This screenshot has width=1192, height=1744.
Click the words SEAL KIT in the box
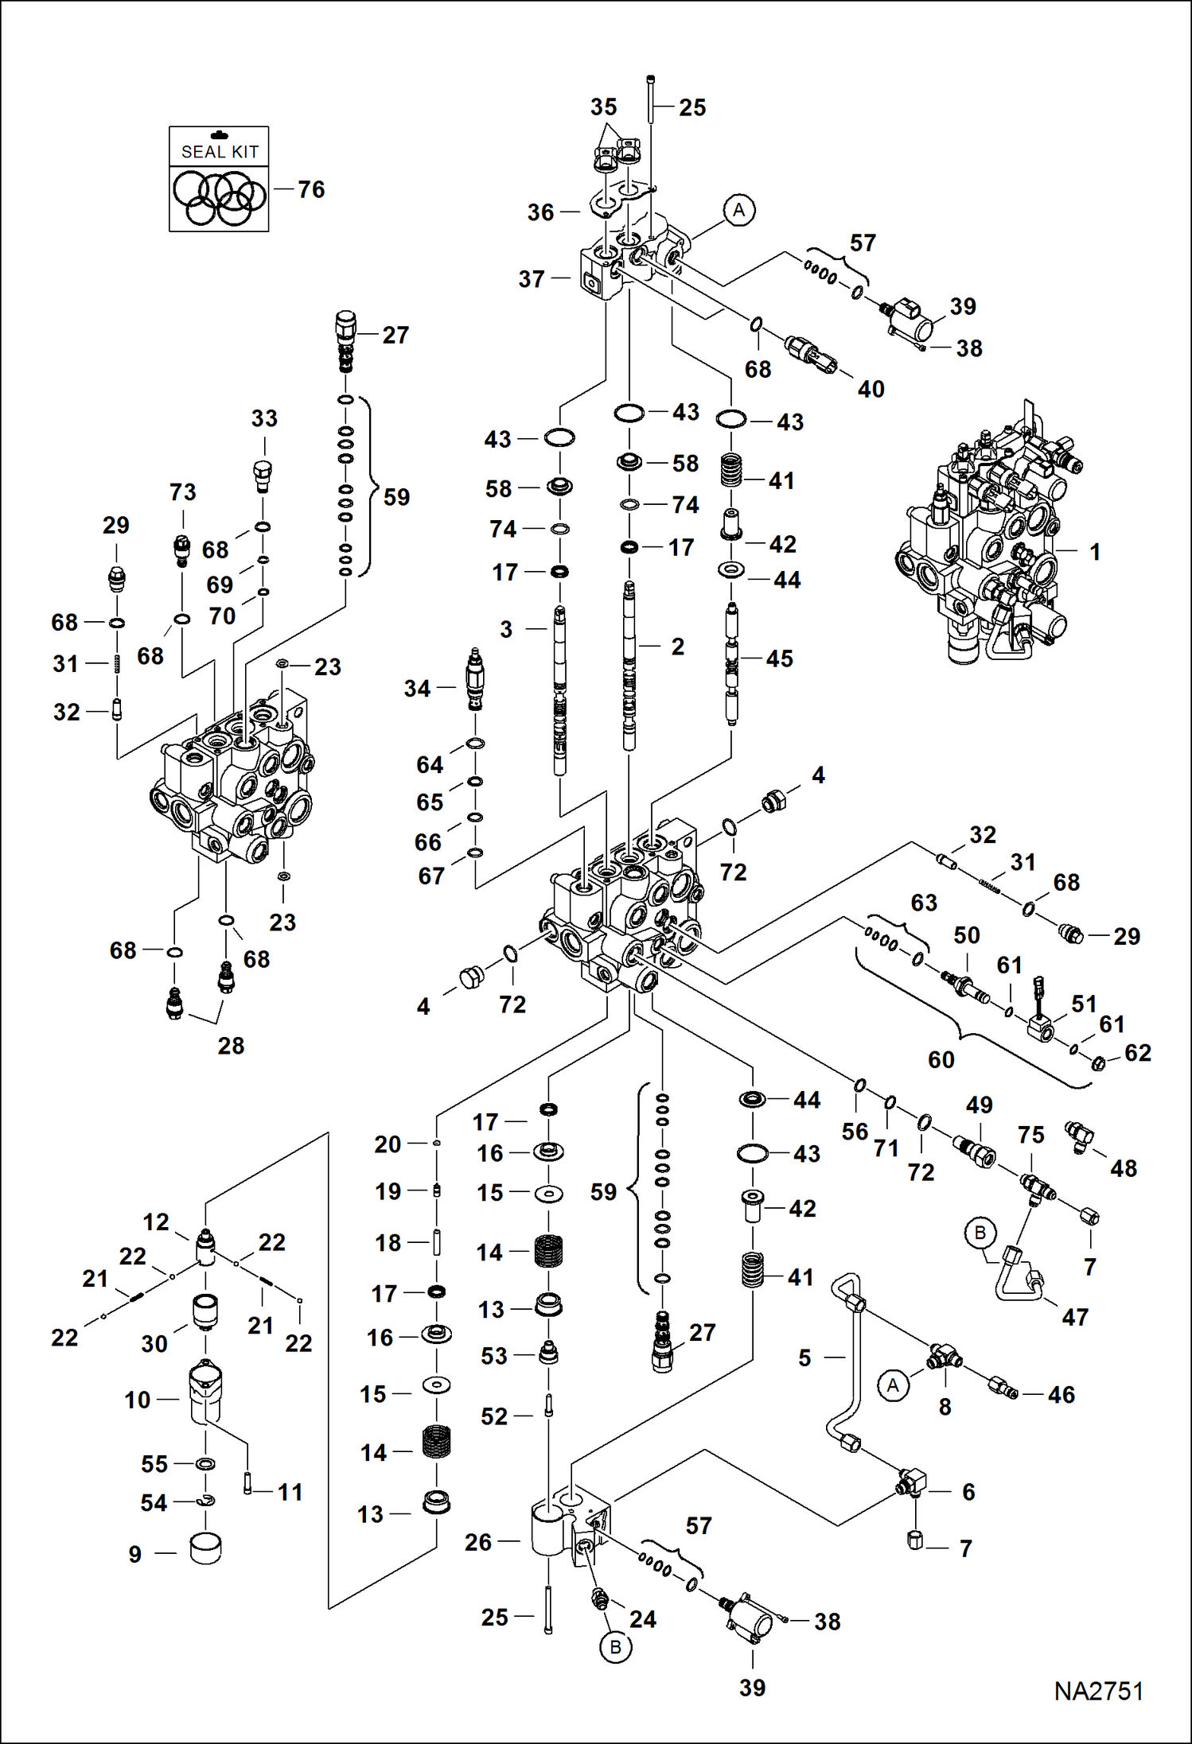click(220, 152)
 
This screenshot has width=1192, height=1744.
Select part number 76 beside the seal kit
click(311, 189)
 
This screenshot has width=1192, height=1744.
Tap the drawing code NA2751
click(1098, 1691)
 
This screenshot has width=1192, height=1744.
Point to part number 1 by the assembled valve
click(1095, 551)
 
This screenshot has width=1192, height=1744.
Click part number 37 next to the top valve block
click(532, 279)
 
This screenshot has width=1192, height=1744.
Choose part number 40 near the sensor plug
click(871, 389)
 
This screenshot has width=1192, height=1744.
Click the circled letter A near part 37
click(739, 211)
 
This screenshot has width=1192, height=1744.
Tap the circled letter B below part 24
click(615, 1647)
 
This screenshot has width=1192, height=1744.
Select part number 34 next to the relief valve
click(417, 688)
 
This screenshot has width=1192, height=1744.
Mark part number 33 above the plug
click(264, 418)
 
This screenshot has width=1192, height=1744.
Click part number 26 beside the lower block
click(478, 1542)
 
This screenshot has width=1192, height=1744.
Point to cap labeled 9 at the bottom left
click(205, 1548)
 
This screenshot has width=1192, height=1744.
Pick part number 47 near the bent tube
click(1075, 1317)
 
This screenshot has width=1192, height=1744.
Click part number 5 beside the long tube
click(804, 1358)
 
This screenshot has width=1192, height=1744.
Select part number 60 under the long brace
click(941, 1059)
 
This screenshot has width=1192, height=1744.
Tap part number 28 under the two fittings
click(231, 1046)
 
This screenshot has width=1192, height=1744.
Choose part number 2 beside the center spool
click(677, 647)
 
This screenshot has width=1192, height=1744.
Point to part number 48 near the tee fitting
click(1123, 1168)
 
